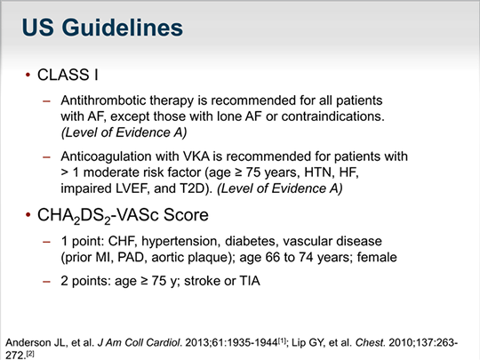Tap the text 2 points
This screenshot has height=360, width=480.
pos(86,283)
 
